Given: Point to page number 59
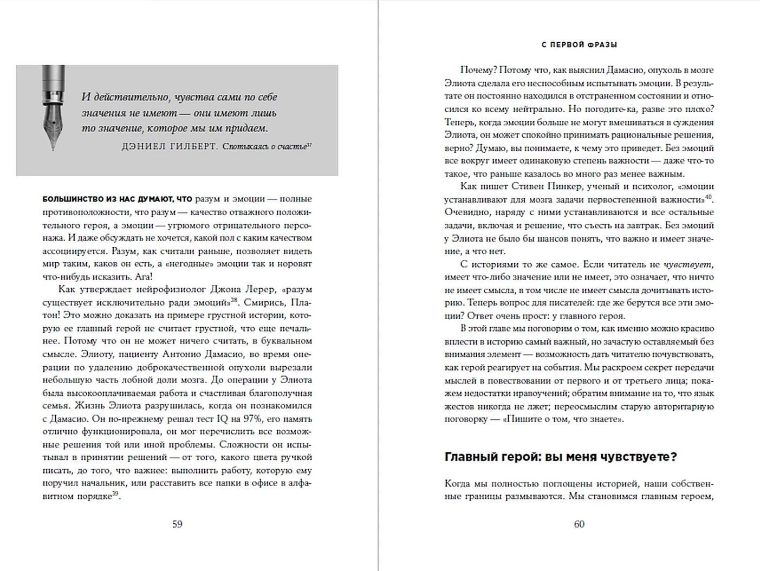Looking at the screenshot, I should [x=177, y=524].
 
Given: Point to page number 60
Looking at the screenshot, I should [x=579, y=524].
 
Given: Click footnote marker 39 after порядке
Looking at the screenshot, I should [x=115, y=494].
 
